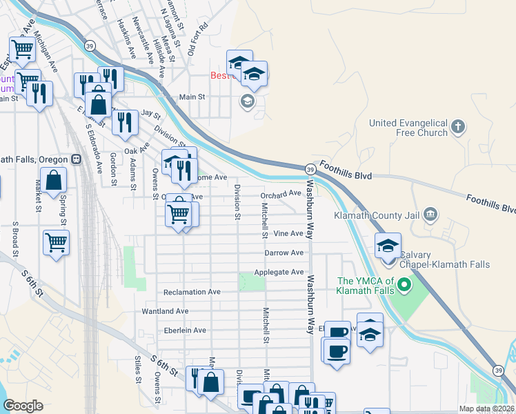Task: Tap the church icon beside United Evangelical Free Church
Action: pos(458,128)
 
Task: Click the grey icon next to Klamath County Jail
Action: pos(431,214)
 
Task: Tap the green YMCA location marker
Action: pos(406,284)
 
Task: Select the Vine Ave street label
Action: pos(288,234)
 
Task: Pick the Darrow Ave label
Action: pos(284,253)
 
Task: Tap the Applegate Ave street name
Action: pos(279,273)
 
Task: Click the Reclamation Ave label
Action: pos(192,292)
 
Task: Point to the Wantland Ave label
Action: pos(165,311)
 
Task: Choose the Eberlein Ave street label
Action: pos(181,331)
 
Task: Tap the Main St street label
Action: pos(193,98)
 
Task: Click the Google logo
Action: pos(23,406)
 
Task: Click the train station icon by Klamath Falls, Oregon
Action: pos(77,158)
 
